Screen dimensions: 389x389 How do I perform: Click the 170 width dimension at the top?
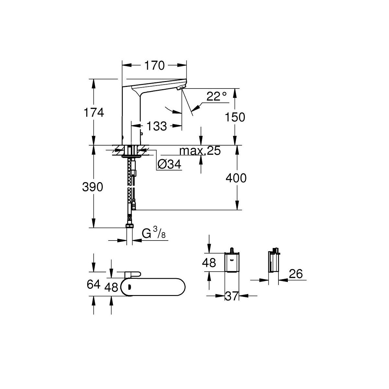[154, 65]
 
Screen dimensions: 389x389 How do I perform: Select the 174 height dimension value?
[94, 112]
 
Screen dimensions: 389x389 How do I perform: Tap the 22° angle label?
[217, 96]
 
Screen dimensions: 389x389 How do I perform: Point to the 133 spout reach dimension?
[157, 126]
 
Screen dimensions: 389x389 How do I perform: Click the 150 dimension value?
[235, 117]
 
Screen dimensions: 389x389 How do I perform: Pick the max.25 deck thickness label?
[200, 151]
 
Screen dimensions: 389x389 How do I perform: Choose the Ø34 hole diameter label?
[169, 165]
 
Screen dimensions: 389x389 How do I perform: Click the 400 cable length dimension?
[236, 178]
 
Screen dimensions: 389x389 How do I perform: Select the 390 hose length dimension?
[93, 187]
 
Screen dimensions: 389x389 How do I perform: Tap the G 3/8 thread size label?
[154, 232]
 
